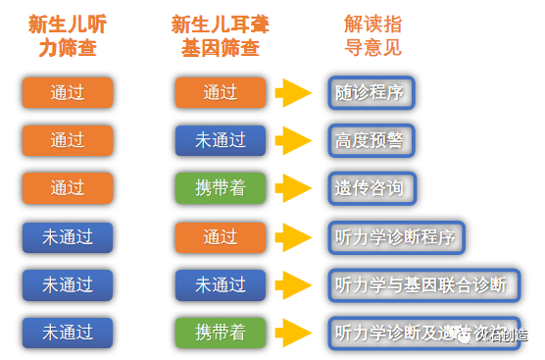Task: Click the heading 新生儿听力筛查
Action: (x=68, y=35)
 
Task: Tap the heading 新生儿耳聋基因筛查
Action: (x=221, y=35)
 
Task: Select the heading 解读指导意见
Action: (x=372, y=35)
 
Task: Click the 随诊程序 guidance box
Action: (x=369, y=93)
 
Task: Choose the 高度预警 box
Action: (x=369, y=140)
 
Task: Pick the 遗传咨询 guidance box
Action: (x=369, y=188)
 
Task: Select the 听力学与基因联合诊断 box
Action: (x=421, y=284)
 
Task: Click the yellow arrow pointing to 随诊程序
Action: (x=293, y=93)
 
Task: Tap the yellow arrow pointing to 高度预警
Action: (x=293, y=140)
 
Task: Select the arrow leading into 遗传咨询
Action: (x=293, y=188)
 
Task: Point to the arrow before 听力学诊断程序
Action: (x=293, y=236)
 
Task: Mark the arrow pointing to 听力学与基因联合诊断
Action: (x=293, y=284)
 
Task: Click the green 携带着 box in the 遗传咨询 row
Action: (x=221, y=188)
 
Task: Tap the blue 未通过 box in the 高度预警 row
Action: (x=221, y=140)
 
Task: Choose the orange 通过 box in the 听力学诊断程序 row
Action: (x=221, y=236)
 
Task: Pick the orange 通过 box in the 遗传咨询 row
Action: (x=68, y=188)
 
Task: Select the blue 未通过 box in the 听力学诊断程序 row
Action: (x=68, y=236)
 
